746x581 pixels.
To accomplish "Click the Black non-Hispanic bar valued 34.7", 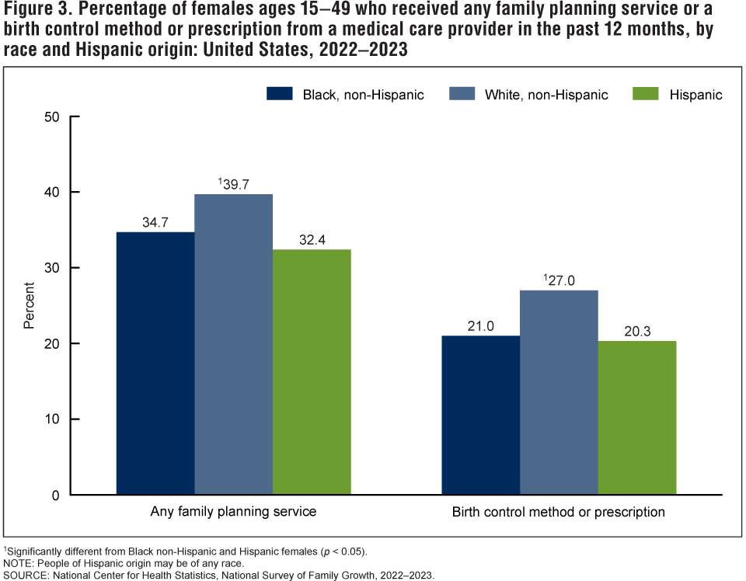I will pos(155,363).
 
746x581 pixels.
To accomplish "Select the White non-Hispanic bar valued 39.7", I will pos(233,344).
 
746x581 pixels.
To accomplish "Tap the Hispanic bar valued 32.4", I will pos(312,371).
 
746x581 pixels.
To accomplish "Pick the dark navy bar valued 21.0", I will pos(481,415).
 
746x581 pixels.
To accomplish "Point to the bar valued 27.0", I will pos(559,392).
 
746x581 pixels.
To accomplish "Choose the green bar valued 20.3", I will pos(637,417).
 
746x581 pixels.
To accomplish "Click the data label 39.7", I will pos(235,184).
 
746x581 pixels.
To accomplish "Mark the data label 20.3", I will pos(637,331).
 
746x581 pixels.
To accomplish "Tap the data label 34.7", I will pos(155,222).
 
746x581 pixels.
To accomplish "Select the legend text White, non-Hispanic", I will pos(546,95).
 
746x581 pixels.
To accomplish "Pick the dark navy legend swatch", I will pos(279,94).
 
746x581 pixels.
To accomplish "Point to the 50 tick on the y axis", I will pos(53,117).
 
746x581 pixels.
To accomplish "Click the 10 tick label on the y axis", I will pos(53,419).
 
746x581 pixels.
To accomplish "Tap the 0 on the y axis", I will pos(57,495).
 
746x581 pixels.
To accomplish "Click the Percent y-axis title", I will pos(30,306).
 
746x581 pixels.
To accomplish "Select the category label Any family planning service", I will pos(233,513).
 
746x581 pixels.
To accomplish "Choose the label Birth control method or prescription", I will pos(559,513).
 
